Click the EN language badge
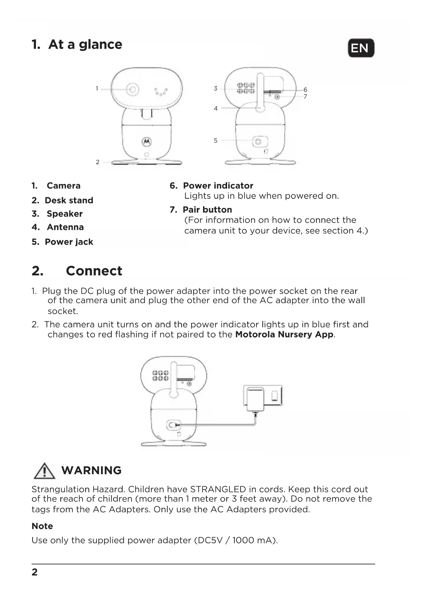click(361, 48)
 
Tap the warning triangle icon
click(44, 471)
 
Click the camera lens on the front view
click(132, 89)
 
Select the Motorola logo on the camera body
click(147, 141)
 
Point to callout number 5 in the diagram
click(215, 140)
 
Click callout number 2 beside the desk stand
click(98, 162)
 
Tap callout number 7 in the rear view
click(305, 97)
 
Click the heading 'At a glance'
click(85, 45)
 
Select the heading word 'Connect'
click(94, 271)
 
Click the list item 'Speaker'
click(64, 214)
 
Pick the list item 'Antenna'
click(65, 227)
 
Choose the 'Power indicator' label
click(218, 186)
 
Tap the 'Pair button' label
click(207, 210)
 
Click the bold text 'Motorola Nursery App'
click(284, 334)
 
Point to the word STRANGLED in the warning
click(218, 489)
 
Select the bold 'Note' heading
click(42, 526)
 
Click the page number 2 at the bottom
click(35, 572)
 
